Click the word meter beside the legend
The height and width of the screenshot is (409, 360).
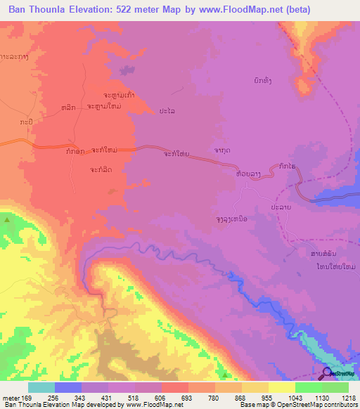(10, 398)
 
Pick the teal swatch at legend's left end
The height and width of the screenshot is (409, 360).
(41, 387)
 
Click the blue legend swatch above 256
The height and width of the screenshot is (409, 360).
(68, 387)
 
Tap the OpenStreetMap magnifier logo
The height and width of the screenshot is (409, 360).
(328, 373)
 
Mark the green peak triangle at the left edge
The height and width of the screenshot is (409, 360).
(7, 220)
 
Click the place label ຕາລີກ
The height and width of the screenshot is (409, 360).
(70, 106)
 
